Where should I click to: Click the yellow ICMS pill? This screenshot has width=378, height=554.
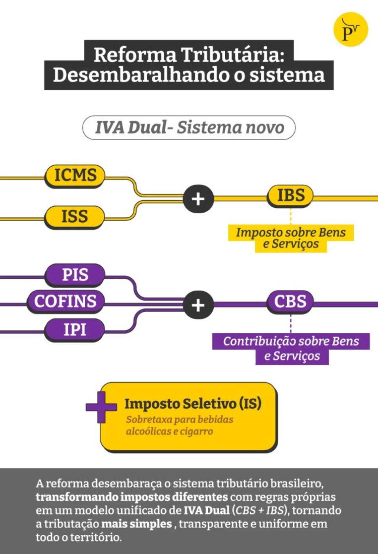75,175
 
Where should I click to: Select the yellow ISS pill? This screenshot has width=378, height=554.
75,216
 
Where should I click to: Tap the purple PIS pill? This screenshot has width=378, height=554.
75,275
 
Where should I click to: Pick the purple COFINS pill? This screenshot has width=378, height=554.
65,301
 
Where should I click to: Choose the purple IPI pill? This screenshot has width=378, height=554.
75,329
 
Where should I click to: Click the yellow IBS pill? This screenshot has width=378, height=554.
291,195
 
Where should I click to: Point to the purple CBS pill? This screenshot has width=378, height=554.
290,302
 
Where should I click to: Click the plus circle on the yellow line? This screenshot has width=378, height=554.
198,199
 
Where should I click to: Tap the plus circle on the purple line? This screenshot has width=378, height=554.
198,305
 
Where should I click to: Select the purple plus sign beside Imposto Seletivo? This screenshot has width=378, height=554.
101,407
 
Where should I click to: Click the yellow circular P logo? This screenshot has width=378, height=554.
350,30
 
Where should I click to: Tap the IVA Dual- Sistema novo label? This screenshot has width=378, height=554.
189,128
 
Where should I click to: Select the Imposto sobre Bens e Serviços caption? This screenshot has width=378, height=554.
291,238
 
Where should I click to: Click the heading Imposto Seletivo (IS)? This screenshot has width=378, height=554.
193,403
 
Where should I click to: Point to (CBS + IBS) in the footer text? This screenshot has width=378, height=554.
259,510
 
